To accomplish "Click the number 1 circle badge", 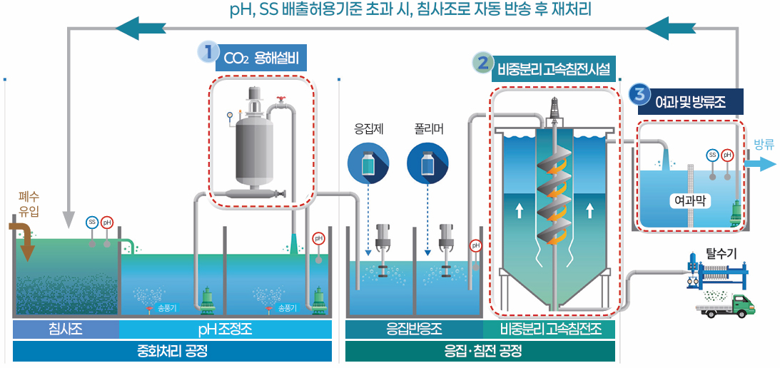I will [207, 51].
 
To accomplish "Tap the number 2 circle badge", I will [482, 63].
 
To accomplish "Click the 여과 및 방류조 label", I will [690, 102].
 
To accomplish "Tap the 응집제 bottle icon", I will [368, 163].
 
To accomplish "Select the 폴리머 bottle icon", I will [427, 163].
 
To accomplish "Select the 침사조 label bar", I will [65, 329].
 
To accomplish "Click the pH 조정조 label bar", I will [225, 329].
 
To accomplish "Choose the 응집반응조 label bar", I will [414, 329].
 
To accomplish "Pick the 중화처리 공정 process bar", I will [172, 351].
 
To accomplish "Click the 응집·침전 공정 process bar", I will [480, 351].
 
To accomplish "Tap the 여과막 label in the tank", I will [690, 200].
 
